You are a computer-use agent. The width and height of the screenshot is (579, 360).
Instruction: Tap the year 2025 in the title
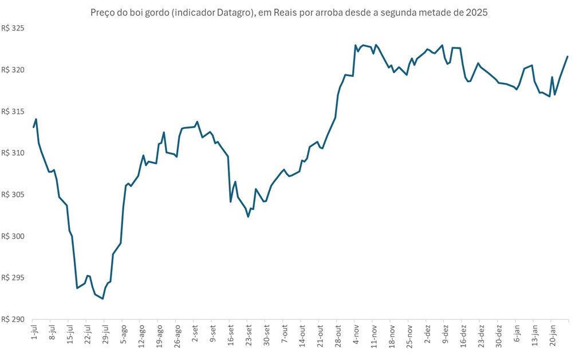476,13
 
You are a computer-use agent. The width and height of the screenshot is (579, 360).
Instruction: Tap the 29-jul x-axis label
105,335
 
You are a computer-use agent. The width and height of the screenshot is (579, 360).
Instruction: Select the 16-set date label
230,335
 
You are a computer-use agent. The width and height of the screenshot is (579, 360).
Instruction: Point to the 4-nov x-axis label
356,335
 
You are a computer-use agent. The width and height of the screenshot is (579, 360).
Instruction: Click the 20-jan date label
552,335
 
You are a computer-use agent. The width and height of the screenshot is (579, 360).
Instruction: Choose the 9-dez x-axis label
445,335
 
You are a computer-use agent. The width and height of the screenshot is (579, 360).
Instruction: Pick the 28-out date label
337,335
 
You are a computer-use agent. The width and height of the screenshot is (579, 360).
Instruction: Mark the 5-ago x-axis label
123,335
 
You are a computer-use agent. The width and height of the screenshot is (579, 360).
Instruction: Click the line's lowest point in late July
103,299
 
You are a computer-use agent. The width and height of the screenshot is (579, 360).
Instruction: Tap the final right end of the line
568,56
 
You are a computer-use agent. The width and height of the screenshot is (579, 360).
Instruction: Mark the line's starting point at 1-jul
34,127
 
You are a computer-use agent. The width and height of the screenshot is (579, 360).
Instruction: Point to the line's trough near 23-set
248,216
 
